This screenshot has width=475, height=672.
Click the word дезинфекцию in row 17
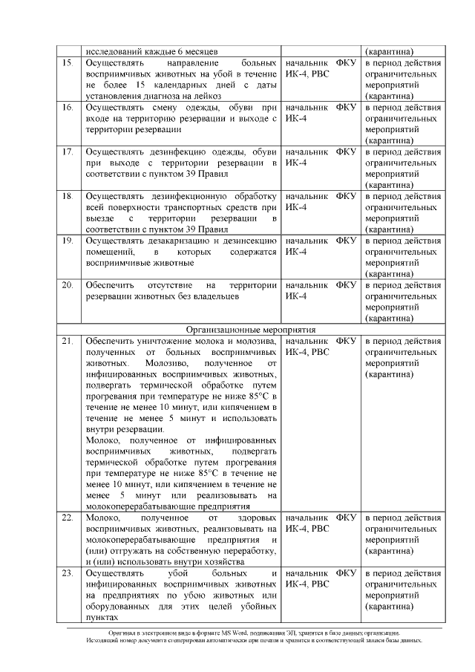tap(168, 152)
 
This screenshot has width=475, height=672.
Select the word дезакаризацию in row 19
tap(168, 241)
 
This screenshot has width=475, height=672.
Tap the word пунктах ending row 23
tap(102, 618)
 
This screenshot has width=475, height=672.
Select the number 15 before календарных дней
tap(131, 85)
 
